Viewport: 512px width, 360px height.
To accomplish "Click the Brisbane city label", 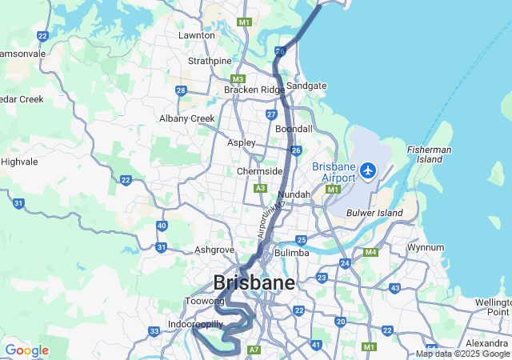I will pos(254,282).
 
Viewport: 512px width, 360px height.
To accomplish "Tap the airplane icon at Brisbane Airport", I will pos(368,170).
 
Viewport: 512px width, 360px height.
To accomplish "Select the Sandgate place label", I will pos(306,86).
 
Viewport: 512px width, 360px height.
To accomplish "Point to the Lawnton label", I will pos(197,36).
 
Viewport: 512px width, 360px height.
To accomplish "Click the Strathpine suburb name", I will pos(210,61).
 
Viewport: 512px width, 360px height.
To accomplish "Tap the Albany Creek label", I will pos(187,118).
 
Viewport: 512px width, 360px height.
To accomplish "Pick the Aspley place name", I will pos(241,142).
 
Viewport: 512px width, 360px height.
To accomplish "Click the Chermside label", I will pos(259,171).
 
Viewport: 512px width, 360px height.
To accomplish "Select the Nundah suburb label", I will pos(294,194).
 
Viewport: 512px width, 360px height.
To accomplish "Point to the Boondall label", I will pos(293,129).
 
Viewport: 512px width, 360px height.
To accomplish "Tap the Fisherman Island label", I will pos(430,154).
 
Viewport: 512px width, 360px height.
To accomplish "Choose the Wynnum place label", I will pos(426,247).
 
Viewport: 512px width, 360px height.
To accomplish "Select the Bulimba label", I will pos(291,253).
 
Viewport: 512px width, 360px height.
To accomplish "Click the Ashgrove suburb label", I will pos(214,250).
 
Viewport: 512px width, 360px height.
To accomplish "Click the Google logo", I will pos(26,350).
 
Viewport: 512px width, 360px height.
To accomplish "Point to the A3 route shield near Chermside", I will pos(260,188).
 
